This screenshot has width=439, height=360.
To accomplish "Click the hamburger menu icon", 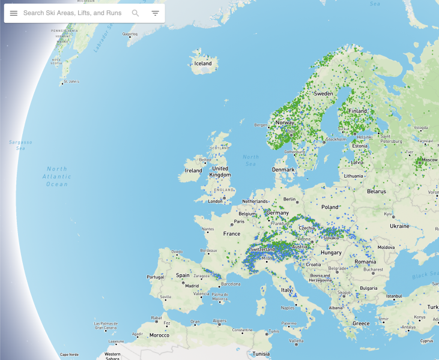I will pos(14,13).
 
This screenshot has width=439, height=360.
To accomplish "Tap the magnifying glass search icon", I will pos(135,13).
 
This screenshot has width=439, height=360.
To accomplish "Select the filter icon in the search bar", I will pos(155,13).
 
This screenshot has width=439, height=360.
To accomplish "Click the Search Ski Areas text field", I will pos(72,13).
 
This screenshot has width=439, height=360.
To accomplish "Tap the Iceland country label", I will pos(203,64).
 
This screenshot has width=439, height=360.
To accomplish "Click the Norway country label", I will pos(285,122).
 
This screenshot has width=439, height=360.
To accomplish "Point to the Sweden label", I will pos(324,94).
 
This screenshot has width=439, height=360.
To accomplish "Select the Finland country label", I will pos(358,111).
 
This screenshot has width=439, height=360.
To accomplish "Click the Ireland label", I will pos(193,170).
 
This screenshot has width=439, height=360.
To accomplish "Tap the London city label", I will pos(215,201).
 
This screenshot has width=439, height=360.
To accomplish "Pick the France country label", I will pos(232,233).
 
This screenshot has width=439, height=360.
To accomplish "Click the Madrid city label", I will pos(192,286).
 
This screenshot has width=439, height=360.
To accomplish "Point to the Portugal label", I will pos(155,277).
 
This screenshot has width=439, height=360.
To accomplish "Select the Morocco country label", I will pos(159,335).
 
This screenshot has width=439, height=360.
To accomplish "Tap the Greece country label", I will pos(361,323).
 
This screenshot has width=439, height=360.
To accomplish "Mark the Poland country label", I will pos(330,206).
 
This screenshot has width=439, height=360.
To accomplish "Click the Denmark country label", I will pos(283,169).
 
